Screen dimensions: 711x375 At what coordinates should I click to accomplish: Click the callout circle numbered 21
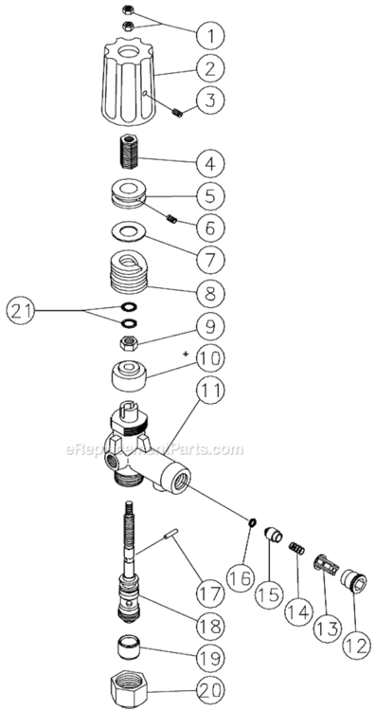pyautogui.click(x=26, y=309)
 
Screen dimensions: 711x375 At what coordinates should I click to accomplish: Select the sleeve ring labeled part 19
pyautogui.click(x=128, y=651)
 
